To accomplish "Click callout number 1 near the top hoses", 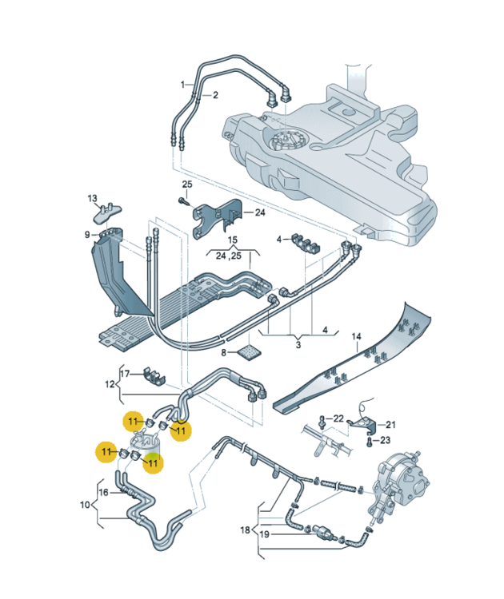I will point(182,84).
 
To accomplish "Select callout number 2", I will point(214,94).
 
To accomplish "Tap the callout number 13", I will point(92,199).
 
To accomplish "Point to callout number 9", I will point(87,234).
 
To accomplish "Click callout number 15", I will point(233,240).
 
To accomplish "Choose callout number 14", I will point(357,335).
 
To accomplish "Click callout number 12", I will point(110,384).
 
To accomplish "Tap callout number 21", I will point(391,424).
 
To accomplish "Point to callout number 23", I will point(385,440).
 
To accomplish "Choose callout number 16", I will point(103,492).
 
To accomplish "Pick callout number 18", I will point(246,530).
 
